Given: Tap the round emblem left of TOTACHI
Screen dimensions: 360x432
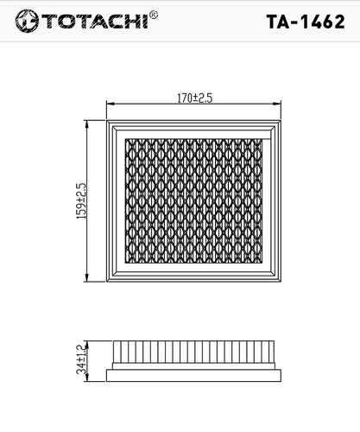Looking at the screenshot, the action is click(27, 21).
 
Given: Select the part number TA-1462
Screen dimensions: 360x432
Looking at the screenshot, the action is click(306, 22).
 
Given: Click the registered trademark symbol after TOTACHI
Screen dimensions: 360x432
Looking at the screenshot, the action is click(154, 15).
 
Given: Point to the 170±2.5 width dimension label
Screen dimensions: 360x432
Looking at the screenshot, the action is click(195, 98).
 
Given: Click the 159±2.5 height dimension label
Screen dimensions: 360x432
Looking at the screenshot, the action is click(81, 200).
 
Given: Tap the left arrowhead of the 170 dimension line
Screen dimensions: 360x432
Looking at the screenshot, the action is click(111, 104).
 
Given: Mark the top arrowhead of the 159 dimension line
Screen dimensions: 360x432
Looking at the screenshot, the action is click(86, 124).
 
